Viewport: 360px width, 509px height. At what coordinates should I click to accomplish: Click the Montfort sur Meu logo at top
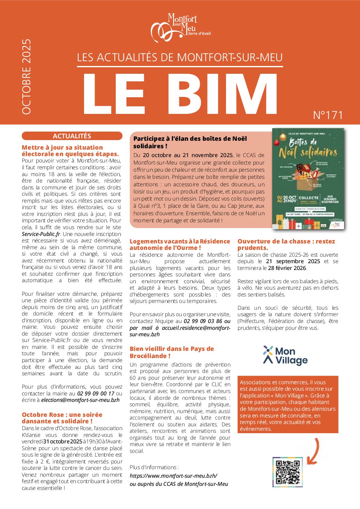click(x=180, y=28)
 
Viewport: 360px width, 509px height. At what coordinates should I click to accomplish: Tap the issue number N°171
click(x=328, y=115)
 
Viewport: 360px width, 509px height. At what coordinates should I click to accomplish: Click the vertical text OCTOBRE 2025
click(x=27, y=77)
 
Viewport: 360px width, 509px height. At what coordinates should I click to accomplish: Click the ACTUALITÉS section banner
click(x=72, y=136)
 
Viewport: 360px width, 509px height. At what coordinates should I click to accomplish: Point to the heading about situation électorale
click(x=70, y=151)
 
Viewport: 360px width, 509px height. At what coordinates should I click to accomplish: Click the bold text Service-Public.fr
click(x=41, y=234)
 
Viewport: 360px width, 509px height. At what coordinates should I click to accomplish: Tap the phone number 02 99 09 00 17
click(x=96, y=393)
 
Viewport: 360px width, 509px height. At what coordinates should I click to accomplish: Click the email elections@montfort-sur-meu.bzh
click(x=80, y=400)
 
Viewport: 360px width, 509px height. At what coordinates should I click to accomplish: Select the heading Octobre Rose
click(x=62, y=418)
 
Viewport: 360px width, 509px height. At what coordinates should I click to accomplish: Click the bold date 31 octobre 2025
click(x=63, y=441)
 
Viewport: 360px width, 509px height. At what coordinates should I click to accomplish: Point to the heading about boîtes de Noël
click(x=190, y=142)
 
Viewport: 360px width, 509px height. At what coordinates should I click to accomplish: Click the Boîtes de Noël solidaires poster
click(x=308, y=179)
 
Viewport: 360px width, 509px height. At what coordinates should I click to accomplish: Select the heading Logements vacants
click(x=180, y=244)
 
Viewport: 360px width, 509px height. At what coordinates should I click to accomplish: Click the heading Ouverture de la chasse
click(x=286, y=244)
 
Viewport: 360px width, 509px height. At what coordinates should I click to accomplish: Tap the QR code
click(x=288, y=472)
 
